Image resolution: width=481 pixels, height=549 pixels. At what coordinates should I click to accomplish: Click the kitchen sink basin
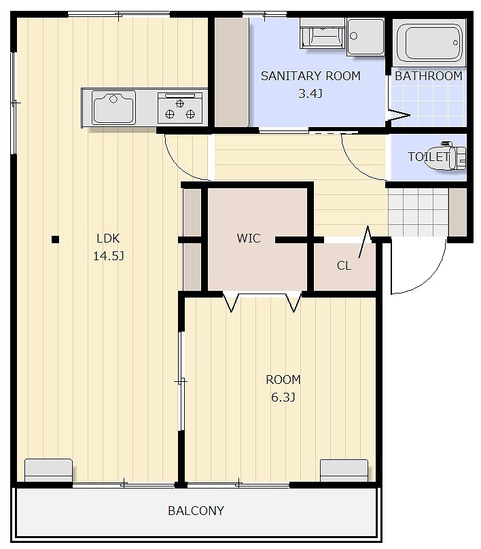pos(113,107)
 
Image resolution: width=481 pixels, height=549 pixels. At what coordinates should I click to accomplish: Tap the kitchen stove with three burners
pos(180,108)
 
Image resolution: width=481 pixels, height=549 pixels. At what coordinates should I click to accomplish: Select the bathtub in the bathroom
pos(429,42)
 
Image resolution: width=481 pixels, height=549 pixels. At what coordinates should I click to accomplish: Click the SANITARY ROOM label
pos(310,75)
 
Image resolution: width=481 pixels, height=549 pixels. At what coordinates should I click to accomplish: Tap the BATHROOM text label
pos(429,76)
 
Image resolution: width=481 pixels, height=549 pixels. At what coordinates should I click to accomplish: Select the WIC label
pos(249,238)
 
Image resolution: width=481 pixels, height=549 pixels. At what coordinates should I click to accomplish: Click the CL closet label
pos(344,266)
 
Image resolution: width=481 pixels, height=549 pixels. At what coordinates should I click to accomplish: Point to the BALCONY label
pos(196,511)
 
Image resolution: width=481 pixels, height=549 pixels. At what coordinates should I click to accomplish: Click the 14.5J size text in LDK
pos(109,256)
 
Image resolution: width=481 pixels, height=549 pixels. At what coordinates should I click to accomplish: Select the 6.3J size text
pos(283,397)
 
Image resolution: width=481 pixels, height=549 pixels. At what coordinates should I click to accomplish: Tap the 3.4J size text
pos(310,94)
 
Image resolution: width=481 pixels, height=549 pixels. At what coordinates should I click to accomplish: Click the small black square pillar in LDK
pos(55,239)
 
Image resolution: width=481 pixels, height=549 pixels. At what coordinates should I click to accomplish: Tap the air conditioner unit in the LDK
pos(48,470)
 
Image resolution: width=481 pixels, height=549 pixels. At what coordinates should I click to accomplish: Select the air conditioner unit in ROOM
pos(344,471)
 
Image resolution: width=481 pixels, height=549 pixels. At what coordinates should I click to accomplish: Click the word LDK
pos(108,238)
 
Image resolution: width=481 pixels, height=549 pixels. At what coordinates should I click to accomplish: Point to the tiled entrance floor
pos(418,212)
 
